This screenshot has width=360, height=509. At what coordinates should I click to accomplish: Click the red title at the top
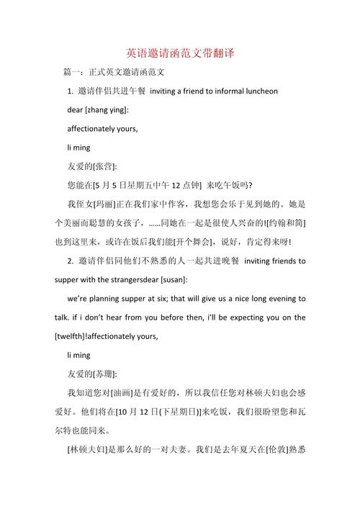[x=180, y=53]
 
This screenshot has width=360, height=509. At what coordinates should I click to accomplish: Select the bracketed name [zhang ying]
[x=107, y=110]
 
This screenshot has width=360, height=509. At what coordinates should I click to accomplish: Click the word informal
[x=214, y=91]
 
